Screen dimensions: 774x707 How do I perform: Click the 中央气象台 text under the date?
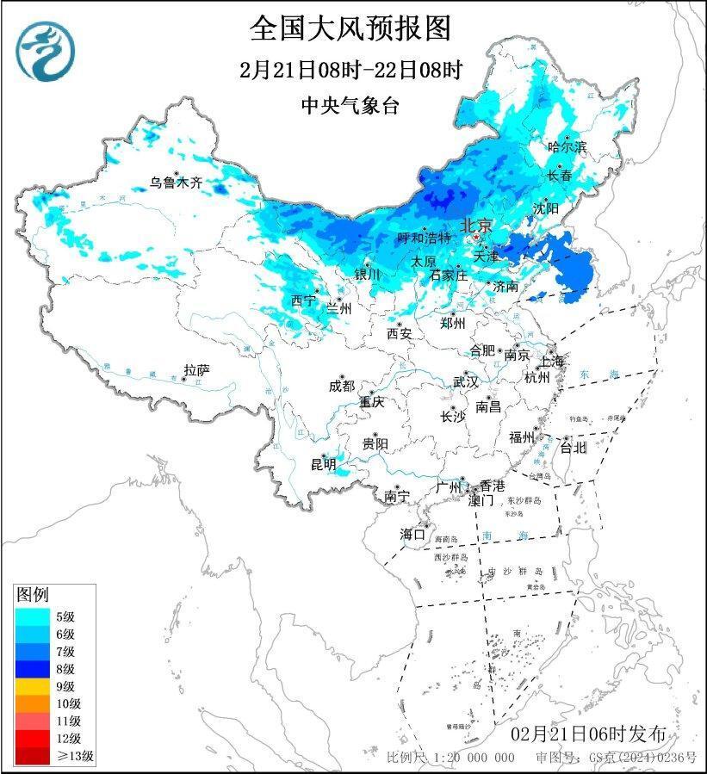pyautogui.click(x=350, y=105)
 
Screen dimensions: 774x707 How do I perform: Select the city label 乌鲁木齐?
pyautogui.click(x=176, y=183)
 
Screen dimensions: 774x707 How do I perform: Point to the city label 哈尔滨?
pyautogui.click(x=567, y=147)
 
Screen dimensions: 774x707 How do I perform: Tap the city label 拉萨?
pyautogui.click(x=196, y=371)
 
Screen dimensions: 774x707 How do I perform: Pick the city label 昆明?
pyautogui.click(x=323, y=466)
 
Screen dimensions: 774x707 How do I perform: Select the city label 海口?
pyautogui.click(x=413, y=534)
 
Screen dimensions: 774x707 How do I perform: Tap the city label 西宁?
pyautogui.click(x=303, y=300)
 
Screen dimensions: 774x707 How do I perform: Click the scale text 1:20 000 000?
pyautogui.click(x=472, y=758)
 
